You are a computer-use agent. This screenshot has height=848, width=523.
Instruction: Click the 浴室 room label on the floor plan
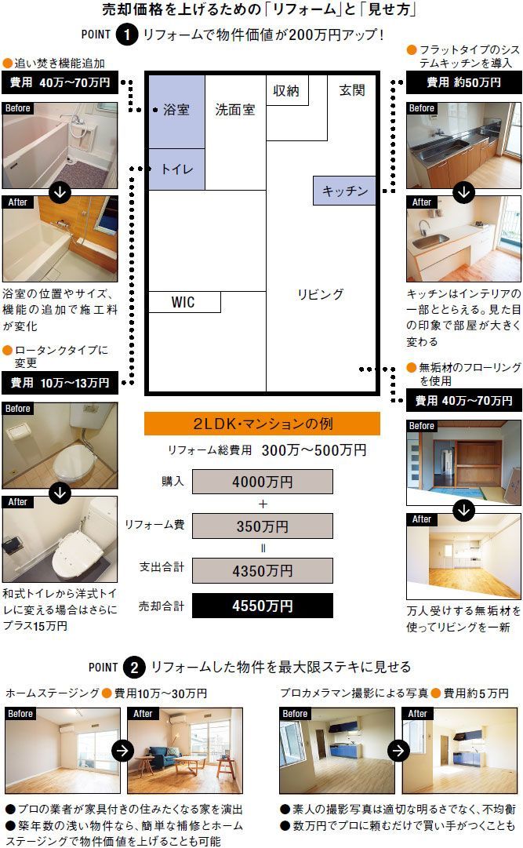[x=176, y=110]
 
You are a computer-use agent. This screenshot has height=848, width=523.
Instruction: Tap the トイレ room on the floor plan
[x=177, y=169]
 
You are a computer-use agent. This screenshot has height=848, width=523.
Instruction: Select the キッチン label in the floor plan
[x=345, y=191]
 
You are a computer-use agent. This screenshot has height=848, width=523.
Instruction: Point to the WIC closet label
[x=183, y=302]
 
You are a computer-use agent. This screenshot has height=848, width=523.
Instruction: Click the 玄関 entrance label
[x=352, y=90]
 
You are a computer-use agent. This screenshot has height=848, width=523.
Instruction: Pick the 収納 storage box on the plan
[x=287, y=90]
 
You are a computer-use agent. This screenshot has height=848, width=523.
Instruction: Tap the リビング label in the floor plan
[x=320, y=294]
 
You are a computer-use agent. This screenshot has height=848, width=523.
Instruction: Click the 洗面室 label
[x=235, y=110]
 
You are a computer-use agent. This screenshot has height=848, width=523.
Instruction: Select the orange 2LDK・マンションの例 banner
[x=263, y=424]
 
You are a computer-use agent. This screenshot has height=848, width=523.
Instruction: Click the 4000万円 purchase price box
[x=263, y=482]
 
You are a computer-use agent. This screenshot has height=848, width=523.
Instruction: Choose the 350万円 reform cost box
[x=263, y=526]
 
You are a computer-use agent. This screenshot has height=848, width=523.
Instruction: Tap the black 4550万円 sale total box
[x=263, y=606]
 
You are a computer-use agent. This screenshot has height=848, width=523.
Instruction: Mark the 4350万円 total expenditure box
[x=263, y=570]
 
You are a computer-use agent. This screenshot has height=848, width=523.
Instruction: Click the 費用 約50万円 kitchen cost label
[x=464, y=82]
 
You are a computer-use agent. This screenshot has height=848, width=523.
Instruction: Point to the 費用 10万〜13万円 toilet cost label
[x=60, y=382]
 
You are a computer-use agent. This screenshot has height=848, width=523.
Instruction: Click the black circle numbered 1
[x=127, y=35]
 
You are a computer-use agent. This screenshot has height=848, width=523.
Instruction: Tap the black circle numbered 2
[x=134, y=668]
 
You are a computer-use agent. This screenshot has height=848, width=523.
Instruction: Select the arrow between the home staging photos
[x=123, y=750]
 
